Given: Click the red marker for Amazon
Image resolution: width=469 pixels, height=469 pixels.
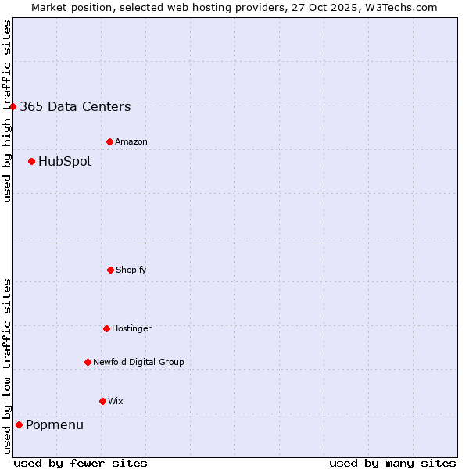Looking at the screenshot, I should [x=109, y=141].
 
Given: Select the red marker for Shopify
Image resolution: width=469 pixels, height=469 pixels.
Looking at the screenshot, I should [x=110, y=270].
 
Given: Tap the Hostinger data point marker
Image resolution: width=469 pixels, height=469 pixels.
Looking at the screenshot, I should [x=106, y=328].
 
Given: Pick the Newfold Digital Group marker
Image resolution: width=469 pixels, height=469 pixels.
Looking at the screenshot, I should [x=88, y=362].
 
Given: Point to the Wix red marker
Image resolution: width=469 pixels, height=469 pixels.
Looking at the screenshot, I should [x=102, y=401].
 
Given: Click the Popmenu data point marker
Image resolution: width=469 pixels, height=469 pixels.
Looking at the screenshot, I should [x=19, y=424].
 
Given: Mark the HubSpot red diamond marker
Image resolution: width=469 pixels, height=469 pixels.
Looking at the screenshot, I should [x=31, y=161].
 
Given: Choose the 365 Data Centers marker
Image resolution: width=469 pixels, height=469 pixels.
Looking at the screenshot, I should [x=13, y=106].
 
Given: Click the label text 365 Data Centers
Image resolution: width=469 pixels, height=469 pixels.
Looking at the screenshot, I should [x=75, y=107].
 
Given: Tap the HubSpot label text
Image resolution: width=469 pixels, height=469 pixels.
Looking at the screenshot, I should [x=65, y=162].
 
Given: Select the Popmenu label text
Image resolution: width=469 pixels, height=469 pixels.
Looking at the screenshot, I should [x=55, y=425].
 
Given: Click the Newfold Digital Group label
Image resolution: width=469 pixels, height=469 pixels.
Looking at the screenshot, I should [x=138, y=362].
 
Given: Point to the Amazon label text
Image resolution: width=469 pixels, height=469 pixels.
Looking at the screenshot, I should [x=131, y=141].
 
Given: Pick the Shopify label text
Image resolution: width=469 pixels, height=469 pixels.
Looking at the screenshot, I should [x=131, y=270].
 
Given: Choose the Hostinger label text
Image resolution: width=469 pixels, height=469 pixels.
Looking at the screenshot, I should [x=131, y=328].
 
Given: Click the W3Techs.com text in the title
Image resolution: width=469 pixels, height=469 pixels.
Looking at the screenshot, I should [x=401, y=7].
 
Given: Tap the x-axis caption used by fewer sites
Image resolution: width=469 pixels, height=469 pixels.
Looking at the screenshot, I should [x=81, y=463].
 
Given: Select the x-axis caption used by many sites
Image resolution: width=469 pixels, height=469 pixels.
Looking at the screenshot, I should [x=392, y=463].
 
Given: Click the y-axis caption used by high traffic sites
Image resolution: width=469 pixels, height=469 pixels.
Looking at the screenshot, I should [x=7, y=111].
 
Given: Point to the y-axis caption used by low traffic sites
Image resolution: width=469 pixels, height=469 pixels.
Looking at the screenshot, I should [x=7, y=366].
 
